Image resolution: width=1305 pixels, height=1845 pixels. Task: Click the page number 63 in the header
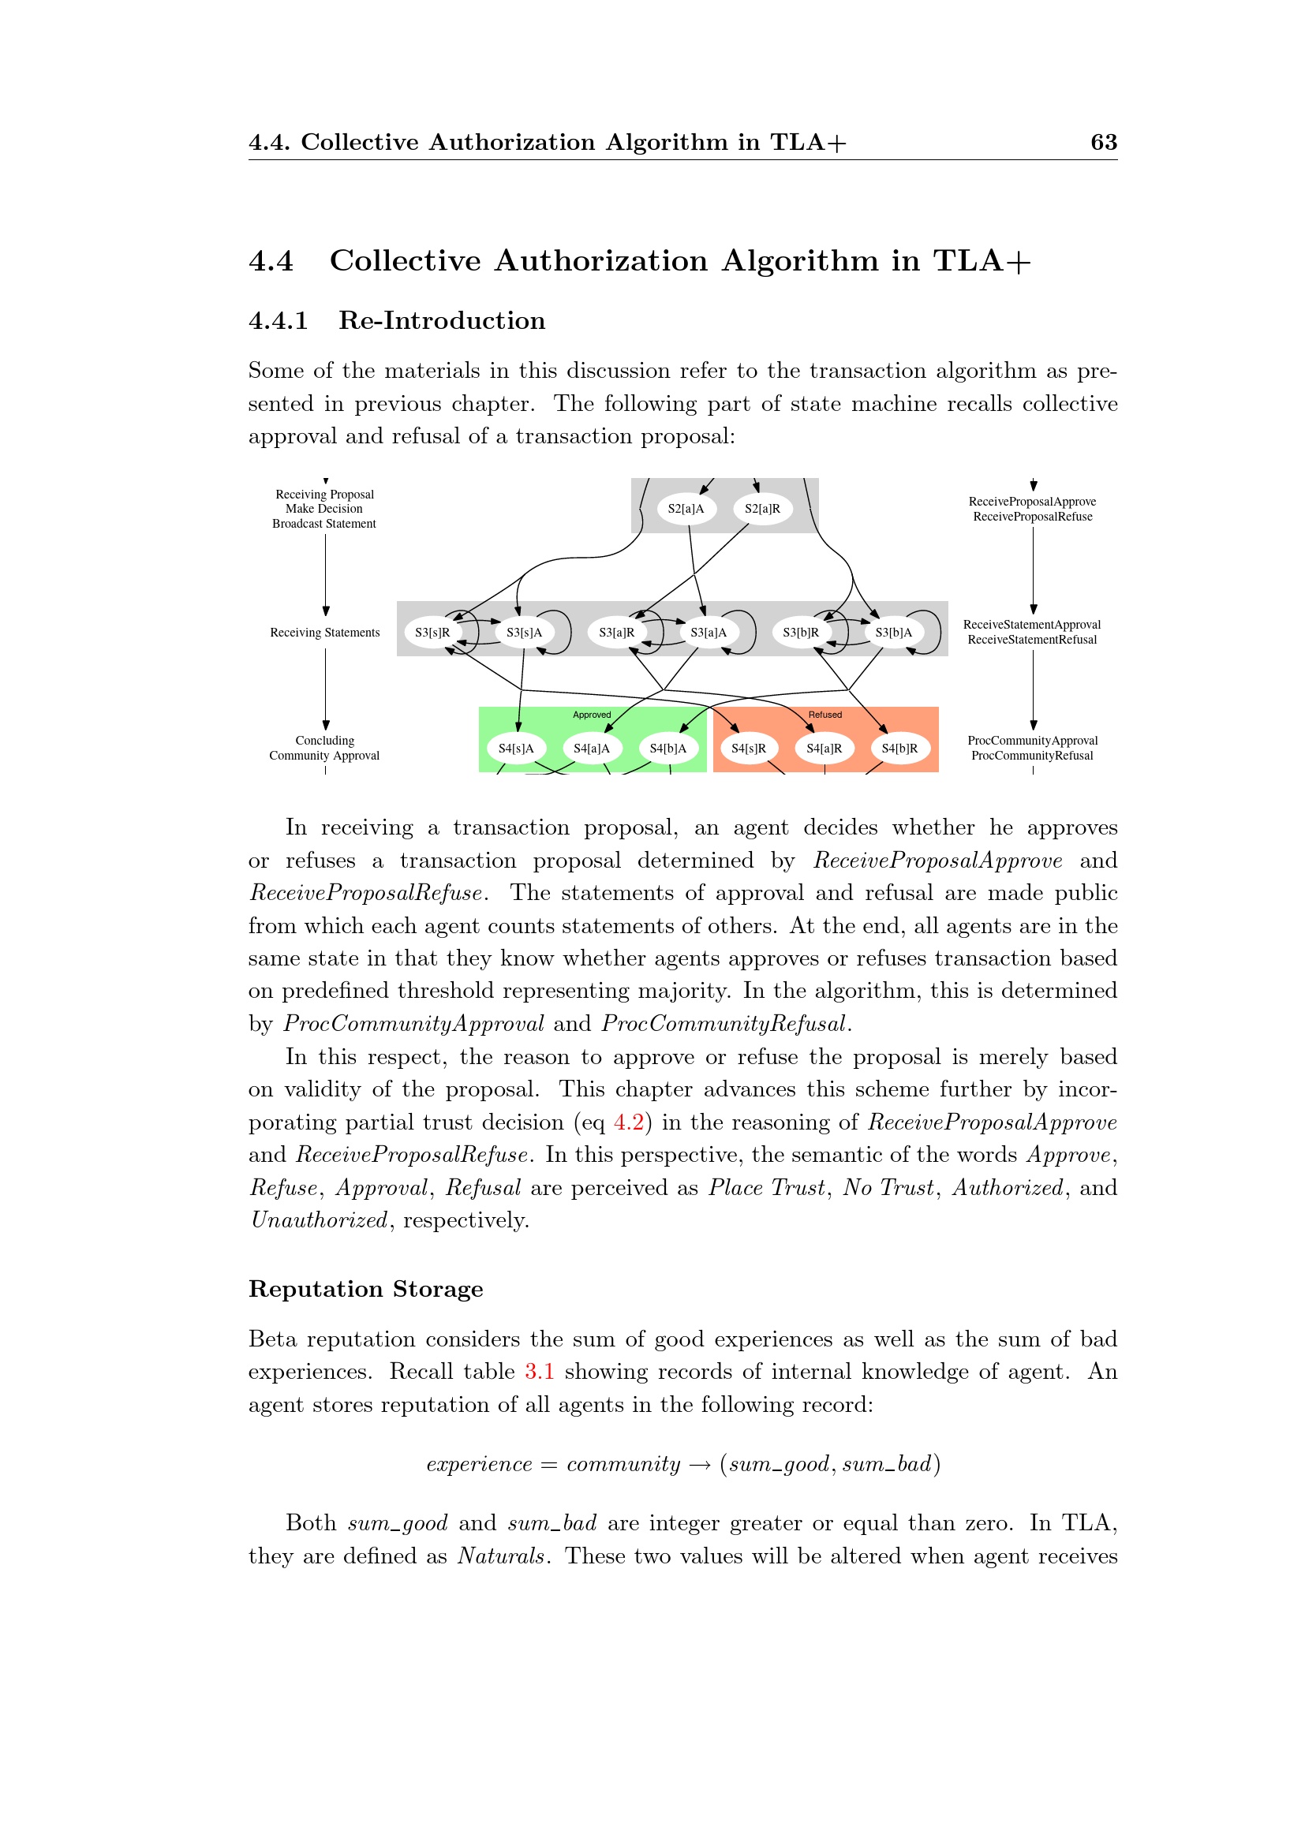[x=1103, y=142]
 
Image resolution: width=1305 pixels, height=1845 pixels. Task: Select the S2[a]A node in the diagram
[x=686, y=509]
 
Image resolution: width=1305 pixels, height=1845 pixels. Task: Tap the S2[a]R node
[x=762, y=509]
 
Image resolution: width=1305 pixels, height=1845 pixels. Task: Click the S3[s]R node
[x=432, y=633]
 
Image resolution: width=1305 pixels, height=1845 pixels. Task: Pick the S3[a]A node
[x=708, y=633]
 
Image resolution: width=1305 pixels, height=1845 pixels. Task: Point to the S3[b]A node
[x=893, y=633]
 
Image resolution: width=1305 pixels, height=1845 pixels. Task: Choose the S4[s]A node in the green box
[x=516, y=748]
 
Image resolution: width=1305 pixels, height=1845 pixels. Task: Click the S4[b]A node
[x=667, y=748]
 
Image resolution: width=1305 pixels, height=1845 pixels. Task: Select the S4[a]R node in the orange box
[x=824, y=748]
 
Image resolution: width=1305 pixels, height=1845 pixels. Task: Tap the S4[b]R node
[x=899, y=748]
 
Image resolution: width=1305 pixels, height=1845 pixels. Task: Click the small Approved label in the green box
[x=592, y=715]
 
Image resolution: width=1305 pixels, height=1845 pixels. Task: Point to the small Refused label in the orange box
[x=825, y=715]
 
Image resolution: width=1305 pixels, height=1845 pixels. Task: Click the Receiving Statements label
[x=324, y=633]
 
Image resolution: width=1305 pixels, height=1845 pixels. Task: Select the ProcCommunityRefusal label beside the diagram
[x=1032, y=756]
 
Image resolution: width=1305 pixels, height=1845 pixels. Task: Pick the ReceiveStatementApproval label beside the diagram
[x=1032, y=625]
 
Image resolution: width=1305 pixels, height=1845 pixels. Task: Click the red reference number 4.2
[x=628, y=1122]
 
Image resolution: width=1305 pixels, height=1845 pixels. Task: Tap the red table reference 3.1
[x=539, y=1371]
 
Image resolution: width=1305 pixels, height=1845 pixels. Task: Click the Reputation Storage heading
[x=365, y=1289]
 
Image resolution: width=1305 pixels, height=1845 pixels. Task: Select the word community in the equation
[x=623, y=1464]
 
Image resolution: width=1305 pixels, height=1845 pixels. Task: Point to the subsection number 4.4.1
[x=278, y=320]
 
